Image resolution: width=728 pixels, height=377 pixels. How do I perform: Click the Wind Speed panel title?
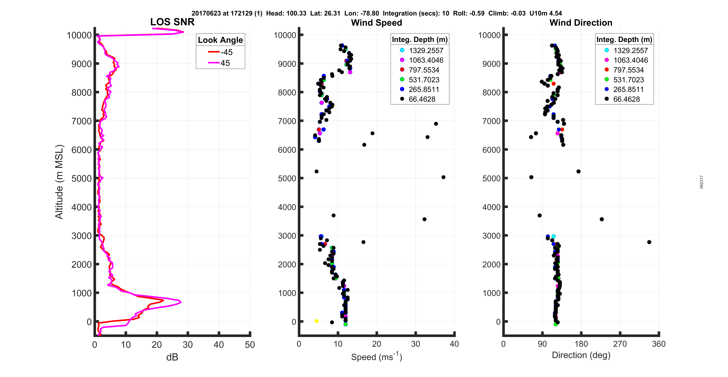coord(376,23)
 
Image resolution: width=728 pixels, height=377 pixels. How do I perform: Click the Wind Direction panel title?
coord(581,23)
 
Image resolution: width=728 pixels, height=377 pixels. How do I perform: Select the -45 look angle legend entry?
coord(220,52)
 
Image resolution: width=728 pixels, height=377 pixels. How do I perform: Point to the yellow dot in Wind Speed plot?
coord(317,321)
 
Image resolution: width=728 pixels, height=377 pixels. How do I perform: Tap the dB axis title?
coord(172,357)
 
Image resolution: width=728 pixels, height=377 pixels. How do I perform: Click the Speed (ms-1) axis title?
coord(376,357)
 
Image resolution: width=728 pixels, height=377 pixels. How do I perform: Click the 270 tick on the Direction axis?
coord(620,344)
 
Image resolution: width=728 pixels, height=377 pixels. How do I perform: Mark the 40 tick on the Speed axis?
coord(454,344)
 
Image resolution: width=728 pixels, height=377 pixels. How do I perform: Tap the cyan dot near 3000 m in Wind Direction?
coord(553,236)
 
